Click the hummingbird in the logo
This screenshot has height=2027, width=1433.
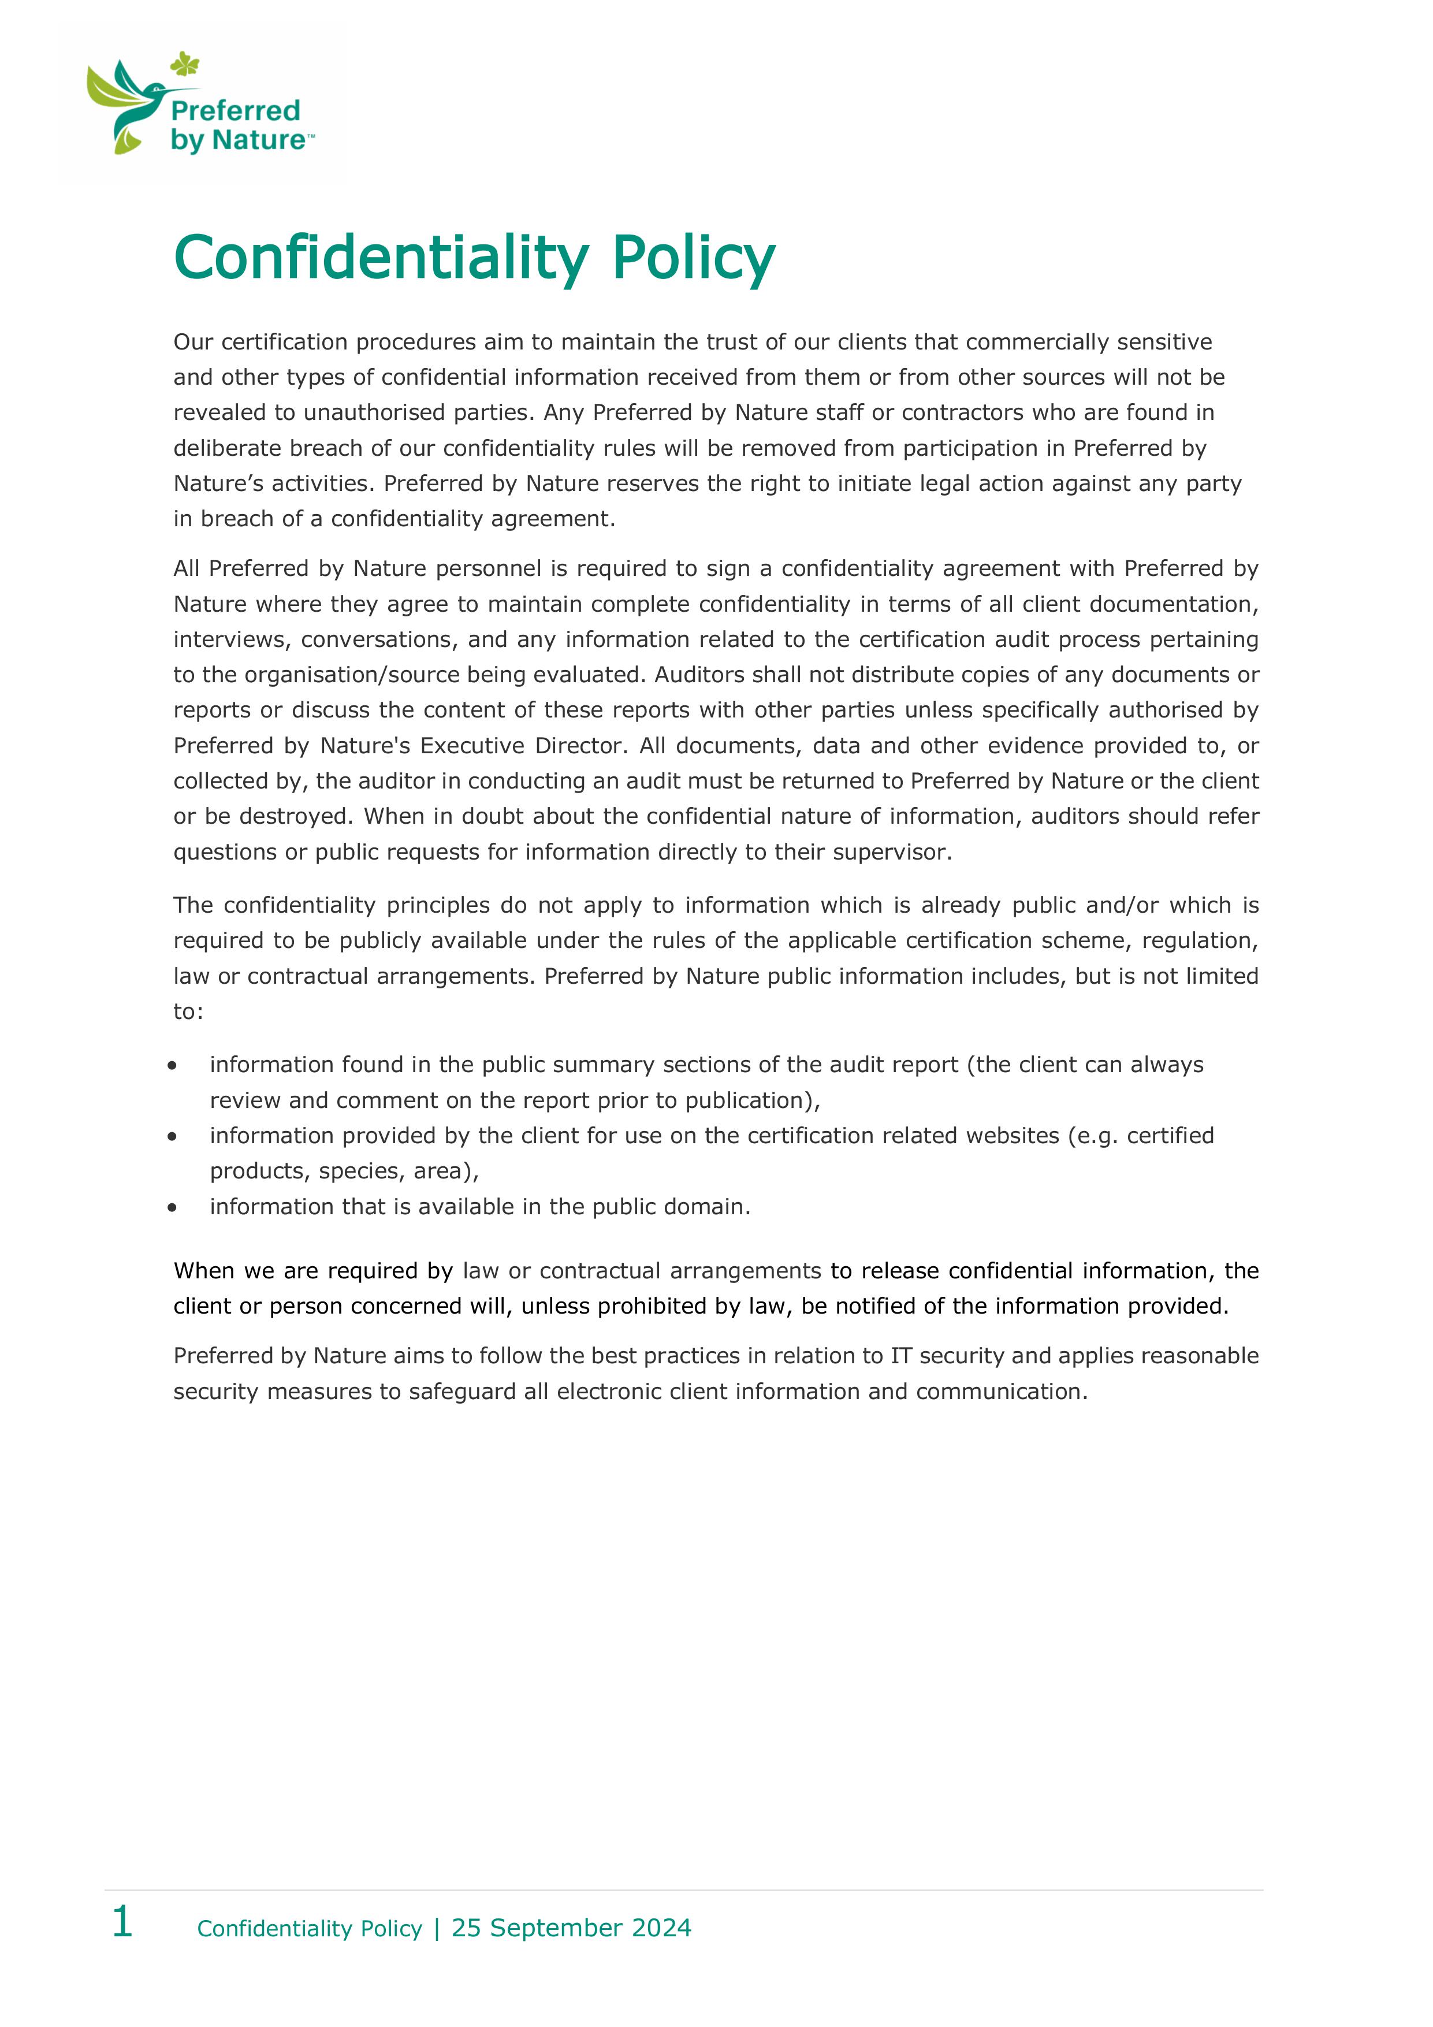[x=132, y=102]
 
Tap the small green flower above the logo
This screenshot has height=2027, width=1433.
[x=184, y=64]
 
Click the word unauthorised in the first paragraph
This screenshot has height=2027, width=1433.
[x=374, y=413]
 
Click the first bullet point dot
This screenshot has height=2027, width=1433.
[x=172, y=1066]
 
